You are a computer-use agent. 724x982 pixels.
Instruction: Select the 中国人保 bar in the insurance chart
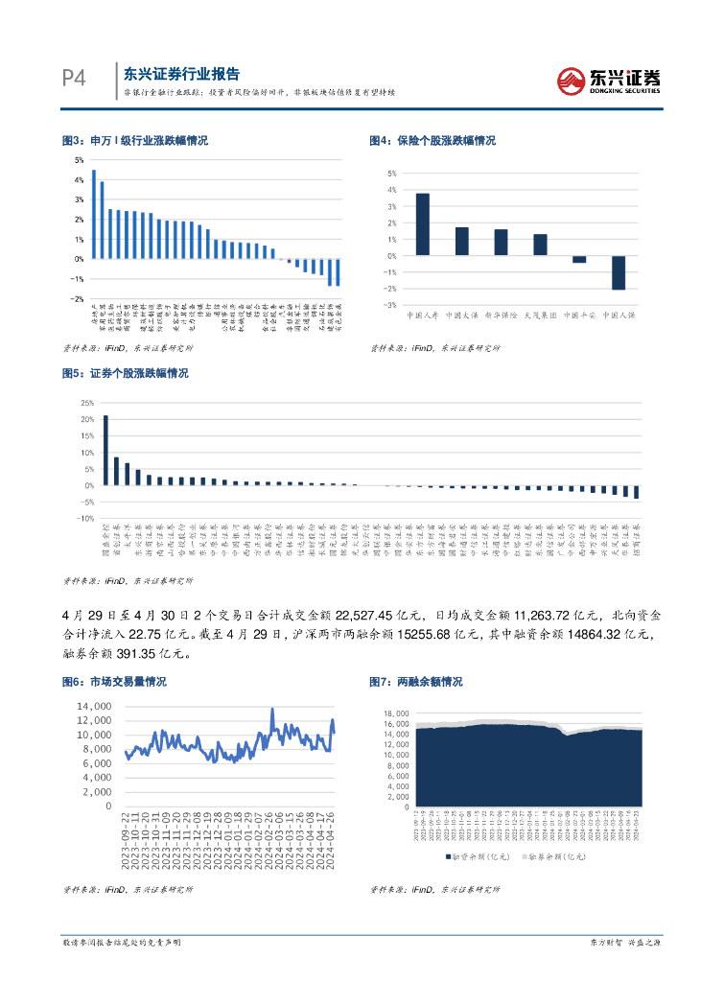pos(619,272)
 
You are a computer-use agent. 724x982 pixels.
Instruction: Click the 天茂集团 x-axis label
pos(540,314)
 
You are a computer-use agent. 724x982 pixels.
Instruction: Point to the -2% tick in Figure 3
pos(80,298)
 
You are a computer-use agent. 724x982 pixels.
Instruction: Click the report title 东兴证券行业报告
pos(181,74)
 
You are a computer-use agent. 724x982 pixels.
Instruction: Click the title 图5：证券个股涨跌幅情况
pos(125,373)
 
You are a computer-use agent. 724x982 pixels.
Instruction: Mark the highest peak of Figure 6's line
pos(272,710)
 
